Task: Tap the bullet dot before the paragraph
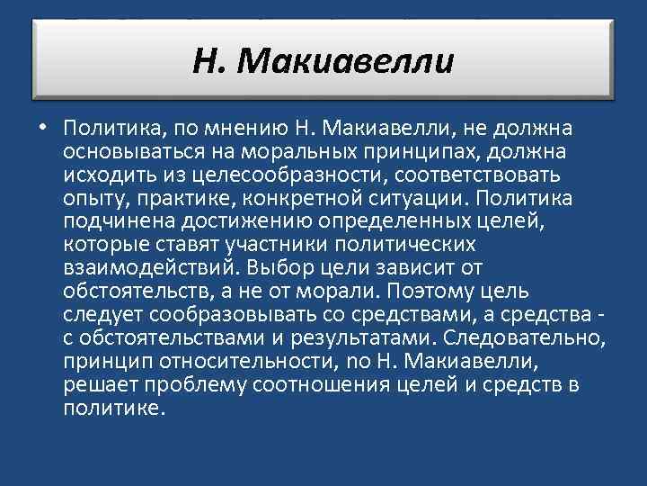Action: coord(44,126)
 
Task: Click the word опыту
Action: coord(92,197)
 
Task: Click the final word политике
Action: coord(115,408)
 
